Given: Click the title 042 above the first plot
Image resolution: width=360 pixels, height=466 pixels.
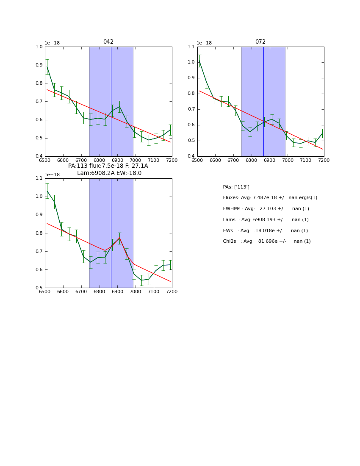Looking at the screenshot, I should pos(108,42).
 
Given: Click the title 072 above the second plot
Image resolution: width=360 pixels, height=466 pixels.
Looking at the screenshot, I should pos(260,42).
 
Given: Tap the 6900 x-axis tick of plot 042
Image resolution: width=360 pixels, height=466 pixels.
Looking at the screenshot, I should pos(117,160).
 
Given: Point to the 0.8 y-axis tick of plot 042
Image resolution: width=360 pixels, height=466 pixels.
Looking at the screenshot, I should pos(39,83).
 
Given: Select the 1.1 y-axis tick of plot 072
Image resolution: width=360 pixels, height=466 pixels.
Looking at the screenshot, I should pos(191,47).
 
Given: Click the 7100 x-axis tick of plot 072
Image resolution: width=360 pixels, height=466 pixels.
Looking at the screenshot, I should pos(306,160).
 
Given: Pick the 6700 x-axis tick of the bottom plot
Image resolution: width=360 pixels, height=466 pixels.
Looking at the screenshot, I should pos(81,292).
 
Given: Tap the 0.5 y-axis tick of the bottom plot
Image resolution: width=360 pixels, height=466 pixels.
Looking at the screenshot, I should pos(39,288).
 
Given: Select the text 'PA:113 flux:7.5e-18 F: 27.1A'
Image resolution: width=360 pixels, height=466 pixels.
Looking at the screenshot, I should pos(108,166).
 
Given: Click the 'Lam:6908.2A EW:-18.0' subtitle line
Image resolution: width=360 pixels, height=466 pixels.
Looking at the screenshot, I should pos(109,173).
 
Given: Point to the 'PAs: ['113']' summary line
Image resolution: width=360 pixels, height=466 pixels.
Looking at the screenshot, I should pos(236,187).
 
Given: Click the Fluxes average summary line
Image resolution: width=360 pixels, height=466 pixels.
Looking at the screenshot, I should pos(270,198).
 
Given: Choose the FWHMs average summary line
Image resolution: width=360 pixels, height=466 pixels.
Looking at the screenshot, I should pos(266,209).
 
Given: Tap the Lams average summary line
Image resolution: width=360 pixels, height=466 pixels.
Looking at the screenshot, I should pos(266,219).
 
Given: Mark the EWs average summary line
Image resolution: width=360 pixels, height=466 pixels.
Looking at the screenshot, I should pos(265,230).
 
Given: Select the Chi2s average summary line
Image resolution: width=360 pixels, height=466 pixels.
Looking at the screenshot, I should pos(267,241).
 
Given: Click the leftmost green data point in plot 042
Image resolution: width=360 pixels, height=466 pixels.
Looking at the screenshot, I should pos(47,67).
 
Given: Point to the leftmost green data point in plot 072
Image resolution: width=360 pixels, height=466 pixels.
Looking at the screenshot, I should pos(199,61).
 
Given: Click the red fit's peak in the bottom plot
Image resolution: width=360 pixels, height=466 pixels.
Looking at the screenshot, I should pos(119,238).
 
